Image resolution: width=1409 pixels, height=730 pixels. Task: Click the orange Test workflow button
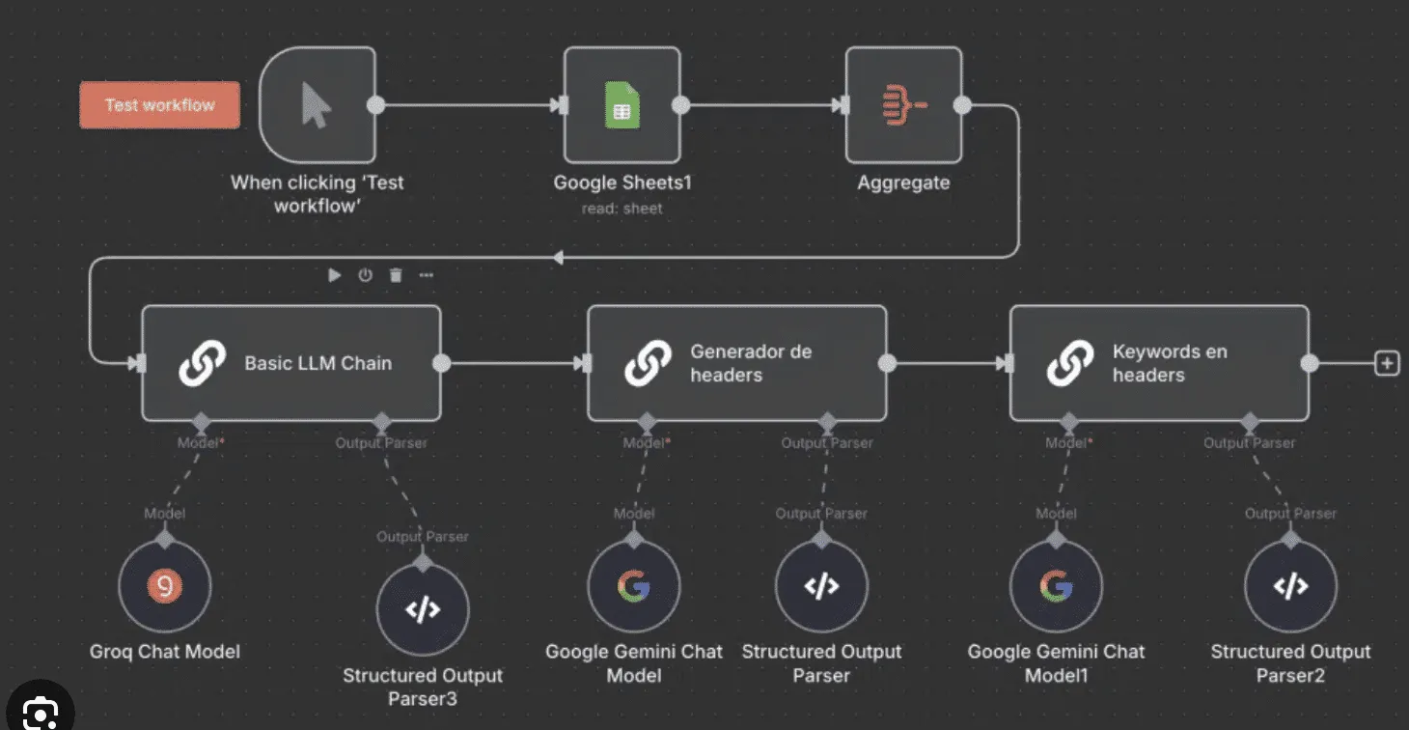point(159,105)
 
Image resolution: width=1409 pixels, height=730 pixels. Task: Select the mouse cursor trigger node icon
point(317,105)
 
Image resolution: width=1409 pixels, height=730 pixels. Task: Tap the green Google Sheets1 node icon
point(622,105)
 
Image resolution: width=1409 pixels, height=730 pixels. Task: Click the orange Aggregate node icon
point(904,105)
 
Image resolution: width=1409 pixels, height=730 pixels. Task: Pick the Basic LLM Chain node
point(290,363)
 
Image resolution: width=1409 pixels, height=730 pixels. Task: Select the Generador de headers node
point(736,363)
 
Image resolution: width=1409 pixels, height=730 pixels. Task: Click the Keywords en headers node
point(1158,363)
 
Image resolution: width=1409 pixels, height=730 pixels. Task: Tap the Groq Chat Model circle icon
point(164,585)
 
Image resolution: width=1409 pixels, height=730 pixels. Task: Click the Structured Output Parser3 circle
point(423,609)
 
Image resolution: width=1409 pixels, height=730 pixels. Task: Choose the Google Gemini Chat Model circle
point(634,586)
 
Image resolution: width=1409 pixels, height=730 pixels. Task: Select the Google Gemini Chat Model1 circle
point(1056,586)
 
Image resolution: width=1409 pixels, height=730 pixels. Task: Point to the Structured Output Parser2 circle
point(1290,586)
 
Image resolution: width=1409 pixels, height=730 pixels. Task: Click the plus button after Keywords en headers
point(1387,363)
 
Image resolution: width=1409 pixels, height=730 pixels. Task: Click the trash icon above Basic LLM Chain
point(396,275)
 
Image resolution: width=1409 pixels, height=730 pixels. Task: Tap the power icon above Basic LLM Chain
point(365,275)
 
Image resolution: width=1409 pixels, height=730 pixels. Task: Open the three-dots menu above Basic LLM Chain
point(427,275)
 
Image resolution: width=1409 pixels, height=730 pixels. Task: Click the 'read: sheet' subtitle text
point(622,209)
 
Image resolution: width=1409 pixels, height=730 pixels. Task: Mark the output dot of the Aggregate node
point(961,105)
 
